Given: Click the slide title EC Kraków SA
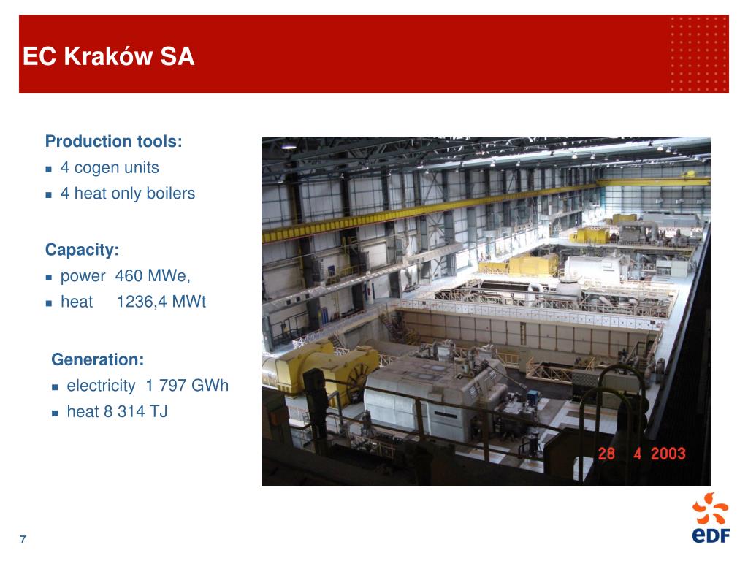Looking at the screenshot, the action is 109,56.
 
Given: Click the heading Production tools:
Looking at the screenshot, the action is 113,141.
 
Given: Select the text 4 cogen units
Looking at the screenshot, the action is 110,167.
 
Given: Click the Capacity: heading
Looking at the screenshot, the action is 82,250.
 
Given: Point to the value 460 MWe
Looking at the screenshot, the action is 152,275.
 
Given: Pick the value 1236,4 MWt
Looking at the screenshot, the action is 161,302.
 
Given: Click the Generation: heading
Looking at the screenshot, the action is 98,359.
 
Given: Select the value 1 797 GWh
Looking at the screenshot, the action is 187,385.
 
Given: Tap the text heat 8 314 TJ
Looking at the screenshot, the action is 118,411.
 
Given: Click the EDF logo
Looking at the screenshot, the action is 711,518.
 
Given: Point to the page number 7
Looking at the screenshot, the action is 23,539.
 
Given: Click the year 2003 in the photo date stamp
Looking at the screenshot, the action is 668,453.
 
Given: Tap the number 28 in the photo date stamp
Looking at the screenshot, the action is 606,453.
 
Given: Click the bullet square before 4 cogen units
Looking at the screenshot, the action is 49,169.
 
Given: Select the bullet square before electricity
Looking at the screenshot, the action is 55,387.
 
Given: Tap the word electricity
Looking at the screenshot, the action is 101,386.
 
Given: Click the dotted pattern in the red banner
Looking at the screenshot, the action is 698,54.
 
